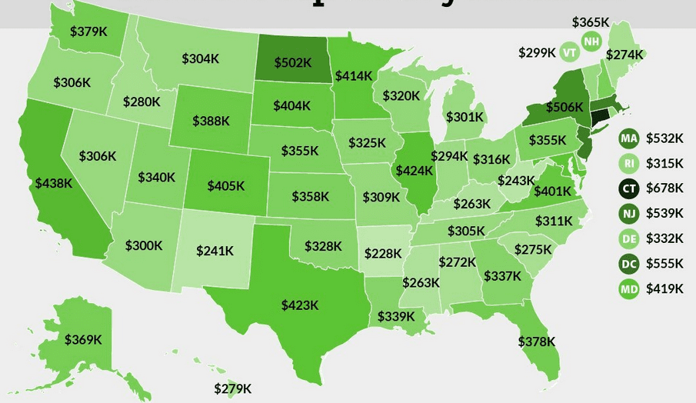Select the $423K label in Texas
coord(300,305)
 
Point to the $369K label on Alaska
coord(84,339)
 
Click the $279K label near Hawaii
coord(233,388)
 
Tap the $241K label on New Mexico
coord(215,251)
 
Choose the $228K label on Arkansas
coord(383,252)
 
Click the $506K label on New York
coord(564,107)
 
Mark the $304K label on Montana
coord(201,58)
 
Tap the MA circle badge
coord(629,138)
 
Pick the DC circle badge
coord(629,263)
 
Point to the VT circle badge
coord(569,52)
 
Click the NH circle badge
coord(591,41)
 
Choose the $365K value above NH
coord(591,22)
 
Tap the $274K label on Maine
coord(624,55)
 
